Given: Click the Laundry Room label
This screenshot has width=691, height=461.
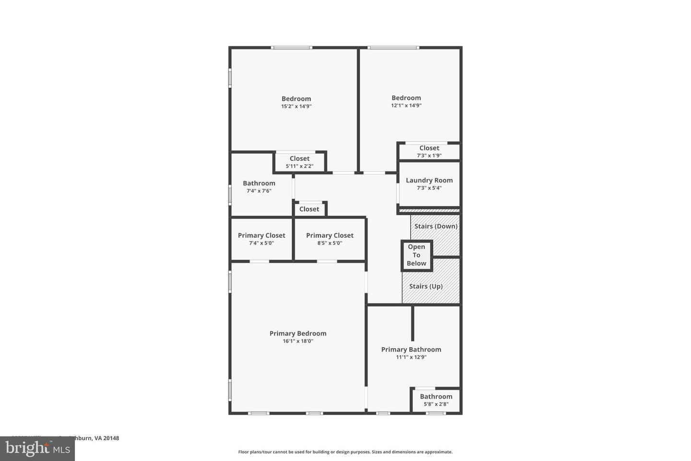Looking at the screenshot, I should [x=429, y=181].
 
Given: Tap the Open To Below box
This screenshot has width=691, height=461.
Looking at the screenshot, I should [x=417, y=255].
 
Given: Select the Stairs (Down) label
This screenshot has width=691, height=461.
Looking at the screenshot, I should [x=436, y=226].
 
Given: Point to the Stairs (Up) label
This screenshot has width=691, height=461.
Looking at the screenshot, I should [x=426, y=286].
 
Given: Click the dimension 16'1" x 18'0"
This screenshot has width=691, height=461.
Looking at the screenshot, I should [x=298, y=341].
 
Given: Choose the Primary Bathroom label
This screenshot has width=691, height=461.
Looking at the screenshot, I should [x=411, y=350].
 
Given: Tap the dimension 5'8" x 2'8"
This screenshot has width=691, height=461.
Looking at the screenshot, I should [x=436, y=404].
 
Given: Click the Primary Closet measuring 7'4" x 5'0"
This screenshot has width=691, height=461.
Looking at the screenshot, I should [x=262, y=235].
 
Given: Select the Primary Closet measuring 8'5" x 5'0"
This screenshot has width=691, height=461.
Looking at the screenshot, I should [x=330, y=235].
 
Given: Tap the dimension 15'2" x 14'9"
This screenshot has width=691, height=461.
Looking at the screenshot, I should [x=296, y=107].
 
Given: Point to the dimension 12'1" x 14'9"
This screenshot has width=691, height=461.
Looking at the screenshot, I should [x=406, y=106].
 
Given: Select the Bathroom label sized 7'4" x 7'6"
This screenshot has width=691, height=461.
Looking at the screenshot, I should [x=259, y=183].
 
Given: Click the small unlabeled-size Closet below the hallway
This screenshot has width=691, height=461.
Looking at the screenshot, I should [x=309, y=209].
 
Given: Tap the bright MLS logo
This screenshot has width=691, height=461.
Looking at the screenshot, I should [x=37, y=449].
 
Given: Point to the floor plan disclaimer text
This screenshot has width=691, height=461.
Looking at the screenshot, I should [x=345, y=452].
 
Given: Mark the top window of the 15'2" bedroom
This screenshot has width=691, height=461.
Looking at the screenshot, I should [x=292, y=48].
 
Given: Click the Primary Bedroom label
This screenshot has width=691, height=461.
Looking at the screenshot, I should [x=298, y=333].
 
